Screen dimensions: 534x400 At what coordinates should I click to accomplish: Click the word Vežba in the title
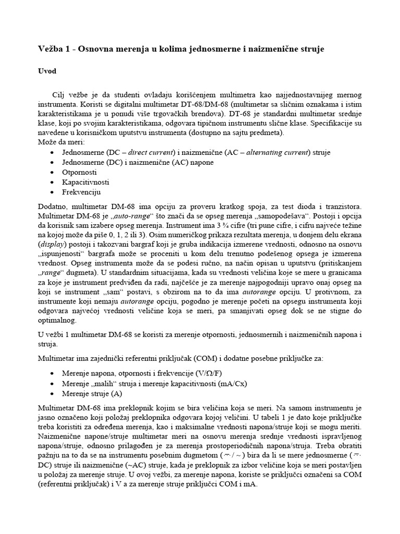pyautogui.click(x=51, y=49)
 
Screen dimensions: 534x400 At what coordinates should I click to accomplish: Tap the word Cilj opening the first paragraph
pyautogui.click(x=61, y=95)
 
